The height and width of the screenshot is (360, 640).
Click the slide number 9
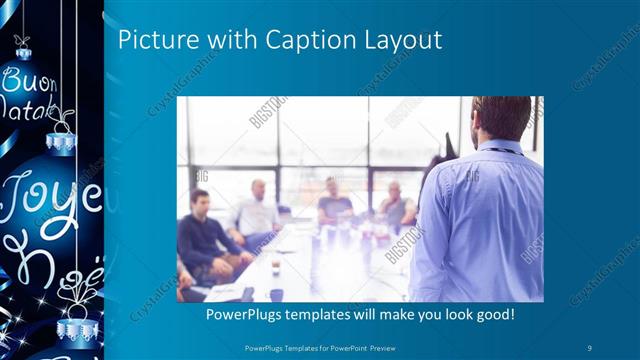pyautogui.click(x=590, y=347)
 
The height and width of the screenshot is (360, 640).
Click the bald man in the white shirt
pyautogui.click(x=257, y=210)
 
